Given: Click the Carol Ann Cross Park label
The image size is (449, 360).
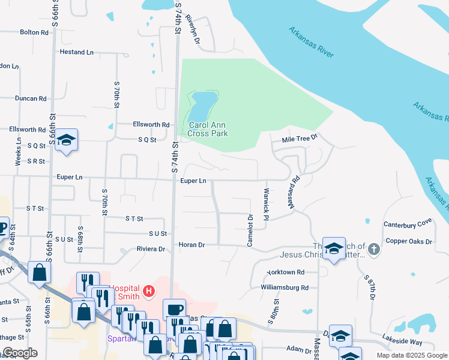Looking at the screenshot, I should tap(208, 129).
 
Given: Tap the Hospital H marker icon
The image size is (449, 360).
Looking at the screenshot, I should tap(149, 292).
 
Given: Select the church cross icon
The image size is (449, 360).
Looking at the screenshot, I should tap(374, 248).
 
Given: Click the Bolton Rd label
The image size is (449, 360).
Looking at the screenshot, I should tap(33, 32).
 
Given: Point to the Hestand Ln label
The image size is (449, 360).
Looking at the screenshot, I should tap(77, 52).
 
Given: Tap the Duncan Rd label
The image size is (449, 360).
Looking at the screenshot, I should tap(31, 98).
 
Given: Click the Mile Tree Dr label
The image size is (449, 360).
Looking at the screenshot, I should tap(300, 139).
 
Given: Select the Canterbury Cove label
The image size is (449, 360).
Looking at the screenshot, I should tap(408, 223).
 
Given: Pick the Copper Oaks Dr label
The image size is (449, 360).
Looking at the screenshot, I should tap(409, 242).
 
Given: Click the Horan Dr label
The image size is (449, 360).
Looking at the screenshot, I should tap(192, 245).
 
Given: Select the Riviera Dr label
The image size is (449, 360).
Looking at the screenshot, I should tap(151, 249).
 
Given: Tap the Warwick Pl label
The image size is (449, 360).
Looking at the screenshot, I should tap(265, 203).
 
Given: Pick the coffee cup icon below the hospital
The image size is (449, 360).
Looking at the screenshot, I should tap(174, 310).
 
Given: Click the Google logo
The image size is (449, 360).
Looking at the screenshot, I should tap(19, 353).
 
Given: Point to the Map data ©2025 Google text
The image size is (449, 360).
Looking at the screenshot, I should tap(411, 355).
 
